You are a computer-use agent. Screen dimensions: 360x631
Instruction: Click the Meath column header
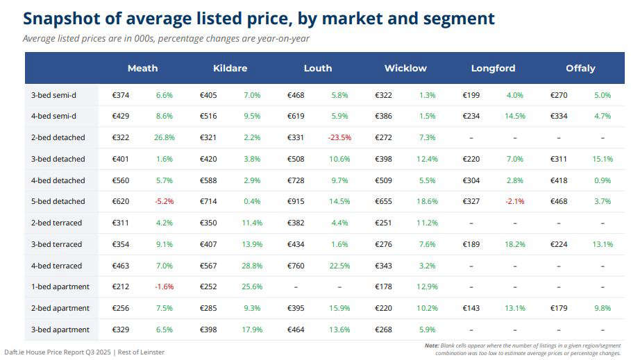(142, 68)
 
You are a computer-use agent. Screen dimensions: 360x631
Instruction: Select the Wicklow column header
(405, 68)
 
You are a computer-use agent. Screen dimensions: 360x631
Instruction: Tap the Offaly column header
(580, 68)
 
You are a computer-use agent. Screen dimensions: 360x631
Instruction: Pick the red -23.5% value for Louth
(339, 137)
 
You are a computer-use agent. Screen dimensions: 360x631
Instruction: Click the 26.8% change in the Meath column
(164, 137)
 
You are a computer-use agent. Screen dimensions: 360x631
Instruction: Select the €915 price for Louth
(296, 201)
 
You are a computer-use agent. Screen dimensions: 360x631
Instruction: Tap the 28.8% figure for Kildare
(251, 266)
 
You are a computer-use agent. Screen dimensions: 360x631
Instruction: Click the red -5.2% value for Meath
(164, 201)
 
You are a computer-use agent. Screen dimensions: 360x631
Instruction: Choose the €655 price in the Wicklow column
(384, 201)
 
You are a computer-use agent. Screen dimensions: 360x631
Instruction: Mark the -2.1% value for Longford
(514, 201)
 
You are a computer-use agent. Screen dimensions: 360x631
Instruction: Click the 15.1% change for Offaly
(602, 159)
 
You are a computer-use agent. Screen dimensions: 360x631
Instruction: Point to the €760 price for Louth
(296, 266)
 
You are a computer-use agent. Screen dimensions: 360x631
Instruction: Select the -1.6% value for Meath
(164, 286)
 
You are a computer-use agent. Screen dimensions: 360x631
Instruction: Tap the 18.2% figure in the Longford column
(514, 244)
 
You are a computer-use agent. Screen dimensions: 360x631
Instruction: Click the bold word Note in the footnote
(431, 345)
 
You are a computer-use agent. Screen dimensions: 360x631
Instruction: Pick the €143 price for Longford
(471, 308)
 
